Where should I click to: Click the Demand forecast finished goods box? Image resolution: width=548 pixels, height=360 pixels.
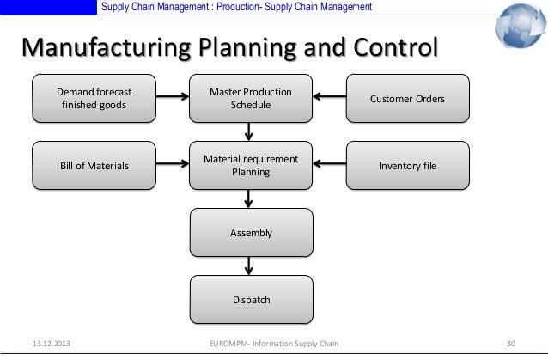coord(94,99)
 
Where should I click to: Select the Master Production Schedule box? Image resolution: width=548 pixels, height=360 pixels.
coord(251,99)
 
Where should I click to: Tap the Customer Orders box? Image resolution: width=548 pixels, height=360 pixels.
coord(407,99)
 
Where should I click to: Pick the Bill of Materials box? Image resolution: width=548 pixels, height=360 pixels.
coord(94,165)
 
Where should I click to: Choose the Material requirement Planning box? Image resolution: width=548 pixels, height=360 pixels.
coord(251,165)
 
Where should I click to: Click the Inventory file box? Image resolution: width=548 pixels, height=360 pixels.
coord(407,165)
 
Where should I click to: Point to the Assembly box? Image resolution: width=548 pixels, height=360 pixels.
coord(251,232)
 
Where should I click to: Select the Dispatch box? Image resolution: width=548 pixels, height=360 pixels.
coord(251,299)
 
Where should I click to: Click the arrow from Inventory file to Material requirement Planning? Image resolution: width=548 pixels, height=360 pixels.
coord(329,163)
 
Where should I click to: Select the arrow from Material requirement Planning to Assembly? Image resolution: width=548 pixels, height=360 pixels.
coord(250,198)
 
